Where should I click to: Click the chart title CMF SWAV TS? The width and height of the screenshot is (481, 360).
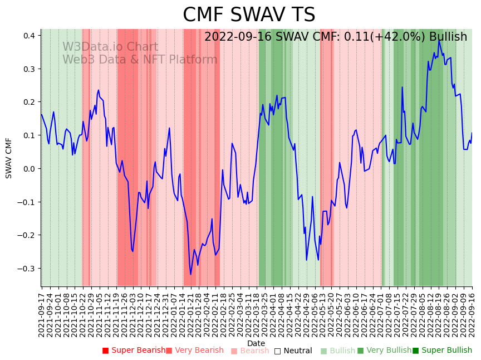click(x=249, y=15)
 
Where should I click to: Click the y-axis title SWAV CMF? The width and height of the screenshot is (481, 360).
click(x=9, y=158)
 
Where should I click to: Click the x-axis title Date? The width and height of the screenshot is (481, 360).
click(x=256, y=343)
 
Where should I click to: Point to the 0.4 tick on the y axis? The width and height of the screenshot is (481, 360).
click(x=28, y=36)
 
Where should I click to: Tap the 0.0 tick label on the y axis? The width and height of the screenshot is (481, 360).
click(x=28, y=169)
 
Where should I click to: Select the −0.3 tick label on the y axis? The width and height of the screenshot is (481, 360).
click(x=26, y=269)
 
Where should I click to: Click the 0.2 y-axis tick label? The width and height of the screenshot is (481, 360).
click(x=28, y=102)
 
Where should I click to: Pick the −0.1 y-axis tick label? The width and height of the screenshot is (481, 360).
click(x=26, y=202)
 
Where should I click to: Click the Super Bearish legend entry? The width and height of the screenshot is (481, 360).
click(x=134, y=351)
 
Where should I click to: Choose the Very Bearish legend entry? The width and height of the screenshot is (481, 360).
click(x=194, y=351)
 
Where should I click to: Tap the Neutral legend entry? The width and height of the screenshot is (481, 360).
click(x=293, y=351)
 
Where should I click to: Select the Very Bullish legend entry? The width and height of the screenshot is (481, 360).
click(x=384, y=351)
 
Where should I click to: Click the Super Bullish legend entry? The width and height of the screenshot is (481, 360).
click(x=442, y=351)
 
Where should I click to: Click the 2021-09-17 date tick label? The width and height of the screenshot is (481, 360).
click(x=41, y=315)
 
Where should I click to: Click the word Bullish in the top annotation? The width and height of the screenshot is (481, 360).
click(x=448, y=37)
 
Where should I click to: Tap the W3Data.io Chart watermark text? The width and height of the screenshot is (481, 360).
click(x=110, y=47)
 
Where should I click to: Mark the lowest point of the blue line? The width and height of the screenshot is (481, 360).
click(x=190, y=274)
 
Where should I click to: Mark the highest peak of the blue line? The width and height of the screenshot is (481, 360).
click(x=439, y=41)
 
